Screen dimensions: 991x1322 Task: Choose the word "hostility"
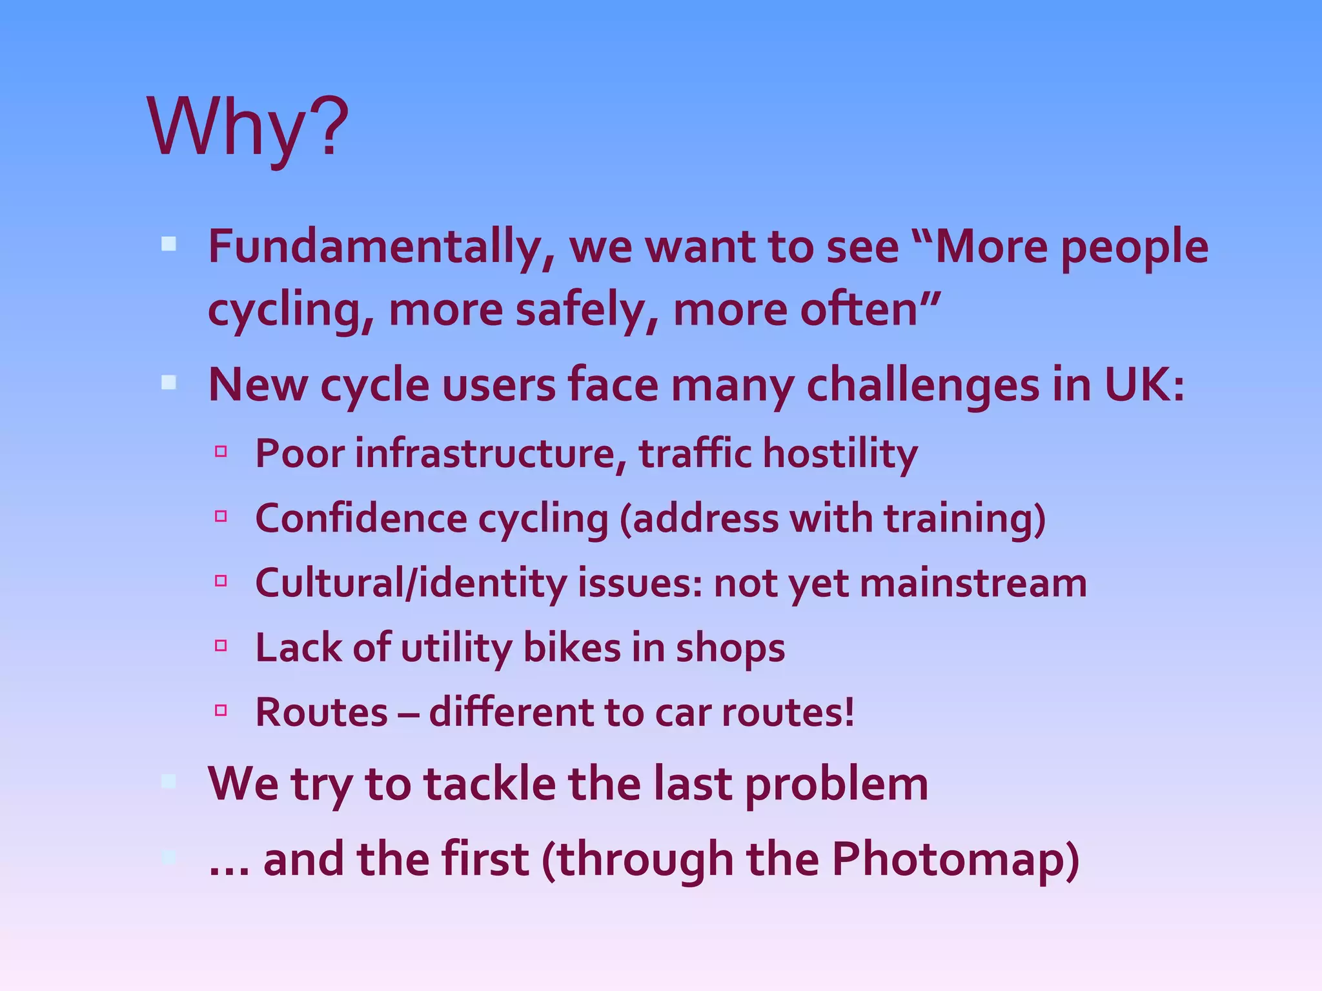point(840,454)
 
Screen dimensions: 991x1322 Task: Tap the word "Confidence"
point(361,518)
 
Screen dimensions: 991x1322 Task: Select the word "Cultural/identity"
point(411,584)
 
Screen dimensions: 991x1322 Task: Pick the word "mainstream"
point(973,583)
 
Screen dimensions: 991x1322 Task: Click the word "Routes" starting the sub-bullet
point(321,713)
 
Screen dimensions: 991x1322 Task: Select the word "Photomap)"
point(955,861)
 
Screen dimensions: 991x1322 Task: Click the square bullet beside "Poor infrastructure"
point(221,451)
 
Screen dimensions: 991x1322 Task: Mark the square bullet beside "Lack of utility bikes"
point(221,645)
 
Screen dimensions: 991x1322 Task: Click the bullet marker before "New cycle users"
point(168,383)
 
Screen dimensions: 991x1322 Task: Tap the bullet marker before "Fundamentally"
point(168,244)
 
